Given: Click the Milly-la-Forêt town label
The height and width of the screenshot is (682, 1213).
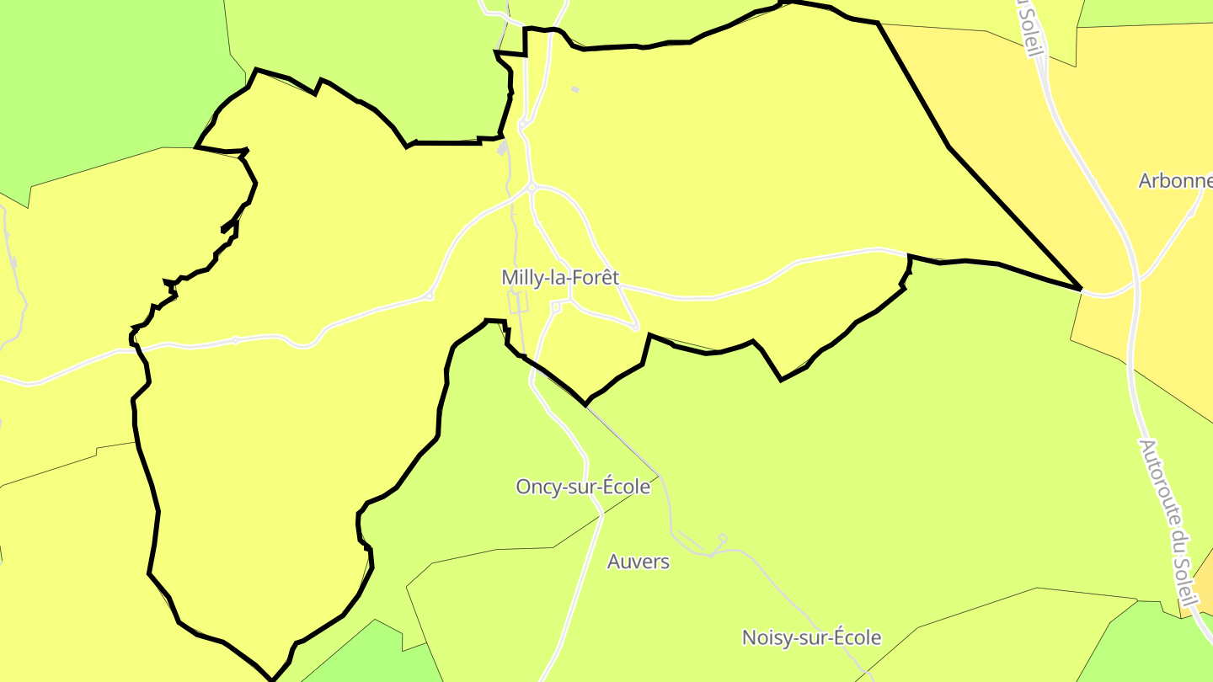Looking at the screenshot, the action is coord(560,277).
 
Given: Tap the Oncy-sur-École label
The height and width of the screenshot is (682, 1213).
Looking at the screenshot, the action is coord(583,487).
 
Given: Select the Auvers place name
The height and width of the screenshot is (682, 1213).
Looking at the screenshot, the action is coord(639,562).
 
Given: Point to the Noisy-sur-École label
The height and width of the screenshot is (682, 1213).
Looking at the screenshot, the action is coord(811,637).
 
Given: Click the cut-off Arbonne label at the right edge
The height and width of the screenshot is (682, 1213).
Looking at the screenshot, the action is coord(1175,180).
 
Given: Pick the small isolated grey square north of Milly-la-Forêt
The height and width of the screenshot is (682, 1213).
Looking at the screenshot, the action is coord(575,88).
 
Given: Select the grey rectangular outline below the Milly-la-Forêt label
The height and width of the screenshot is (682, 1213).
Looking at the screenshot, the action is coord(518,301).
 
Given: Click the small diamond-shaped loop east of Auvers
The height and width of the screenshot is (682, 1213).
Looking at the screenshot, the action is coord(722,538).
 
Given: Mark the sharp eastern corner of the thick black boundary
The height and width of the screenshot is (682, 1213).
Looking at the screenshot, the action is coord(1081,289).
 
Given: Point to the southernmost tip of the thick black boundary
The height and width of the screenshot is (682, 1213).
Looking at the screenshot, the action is coord(272,679).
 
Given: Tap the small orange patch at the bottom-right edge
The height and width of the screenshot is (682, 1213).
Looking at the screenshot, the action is coord(1204,589).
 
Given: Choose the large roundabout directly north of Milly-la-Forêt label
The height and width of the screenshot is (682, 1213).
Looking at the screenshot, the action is coord(532,187).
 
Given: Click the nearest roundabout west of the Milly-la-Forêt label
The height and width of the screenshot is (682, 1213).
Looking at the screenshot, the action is coord(430,296).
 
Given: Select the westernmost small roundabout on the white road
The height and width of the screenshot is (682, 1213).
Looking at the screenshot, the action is coord(236,340).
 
